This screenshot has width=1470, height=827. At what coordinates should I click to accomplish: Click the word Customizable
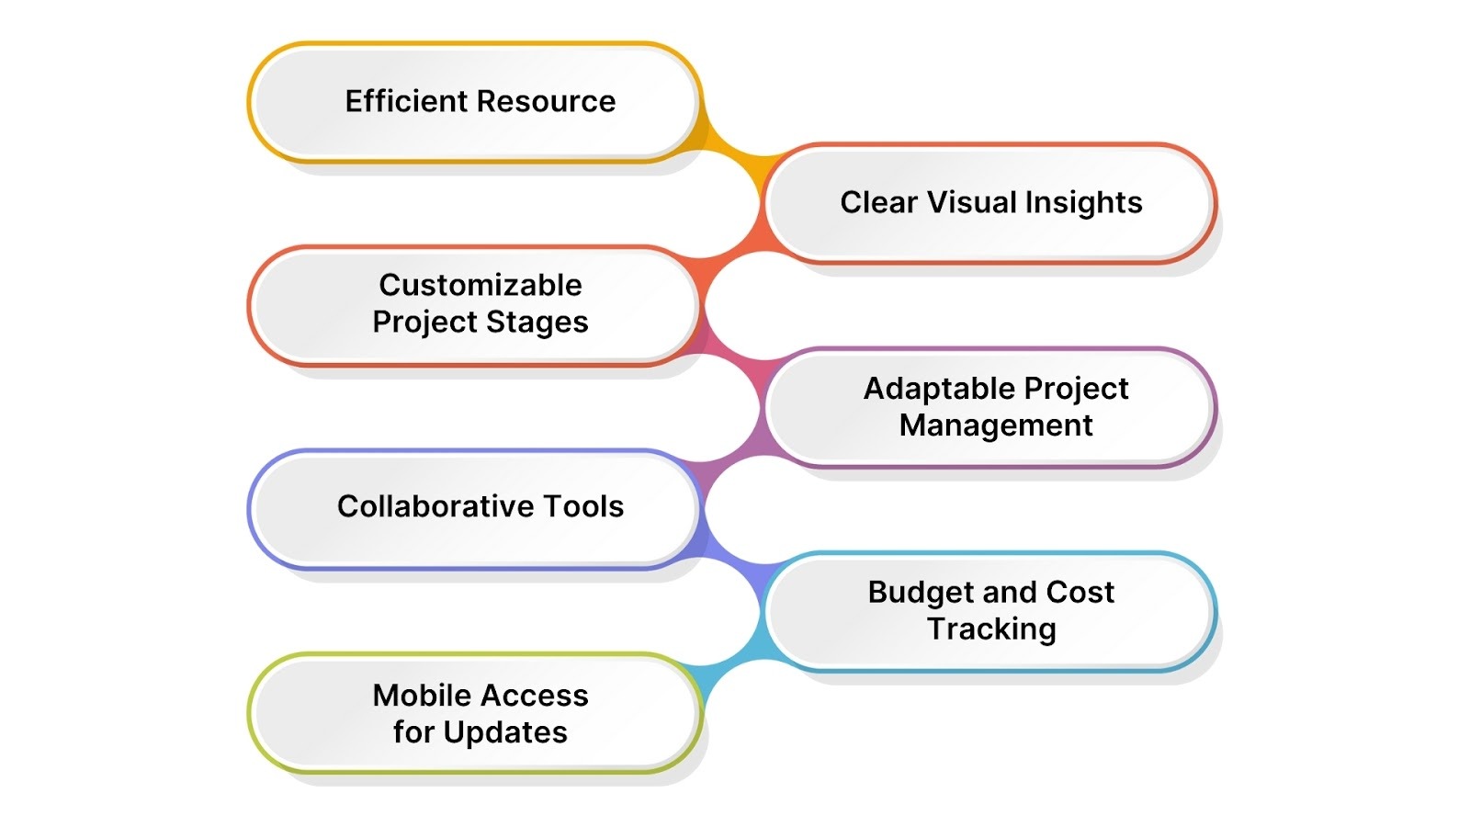(x=481, y=285)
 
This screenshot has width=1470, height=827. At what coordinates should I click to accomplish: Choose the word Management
(x=996, y=425)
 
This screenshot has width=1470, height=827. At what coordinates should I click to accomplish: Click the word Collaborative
(x=435, y=506)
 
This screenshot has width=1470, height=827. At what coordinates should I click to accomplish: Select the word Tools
(x=583, y=506)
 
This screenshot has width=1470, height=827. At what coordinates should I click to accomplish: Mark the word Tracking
(x=991, y=629)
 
